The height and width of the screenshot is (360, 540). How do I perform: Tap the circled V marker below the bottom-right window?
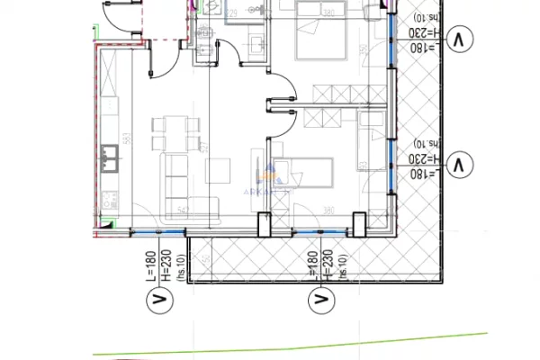[x=319, y=298]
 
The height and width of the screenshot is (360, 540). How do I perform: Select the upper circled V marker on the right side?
[x=460, y=40]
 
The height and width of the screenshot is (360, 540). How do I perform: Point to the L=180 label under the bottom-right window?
[x=310, y=268]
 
